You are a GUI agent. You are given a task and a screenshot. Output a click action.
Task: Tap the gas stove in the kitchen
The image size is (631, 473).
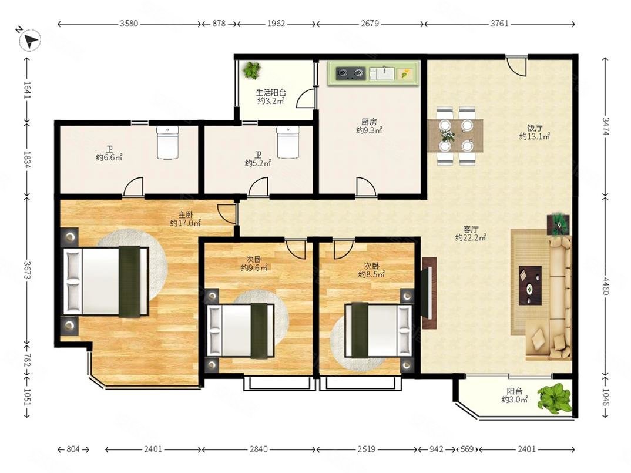(351, 73)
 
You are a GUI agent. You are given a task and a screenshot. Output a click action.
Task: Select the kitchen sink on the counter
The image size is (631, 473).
(382, 73)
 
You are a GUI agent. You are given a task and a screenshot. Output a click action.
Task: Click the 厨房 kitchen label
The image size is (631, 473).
(369, 121)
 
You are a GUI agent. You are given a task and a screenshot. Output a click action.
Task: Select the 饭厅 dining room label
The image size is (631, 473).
(535, 128)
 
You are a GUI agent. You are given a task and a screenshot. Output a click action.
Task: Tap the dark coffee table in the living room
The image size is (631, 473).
(530, 285)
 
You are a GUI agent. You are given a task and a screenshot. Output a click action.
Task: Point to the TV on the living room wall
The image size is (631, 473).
(429, 293)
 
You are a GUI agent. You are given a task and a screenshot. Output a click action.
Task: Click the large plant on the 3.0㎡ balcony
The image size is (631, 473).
(556, 398)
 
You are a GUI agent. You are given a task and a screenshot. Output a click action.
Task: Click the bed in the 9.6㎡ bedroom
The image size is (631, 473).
(240, 330)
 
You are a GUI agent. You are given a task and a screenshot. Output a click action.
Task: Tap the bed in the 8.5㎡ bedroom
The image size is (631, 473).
(379, 330)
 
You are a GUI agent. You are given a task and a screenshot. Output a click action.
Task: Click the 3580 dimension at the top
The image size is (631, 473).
(129, 24)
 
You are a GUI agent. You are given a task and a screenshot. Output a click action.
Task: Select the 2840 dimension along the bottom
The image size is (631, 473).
(258, 449)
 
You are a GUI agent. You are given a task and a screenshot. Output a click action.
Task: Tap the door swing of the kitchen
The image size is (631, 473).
(367, 187)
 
